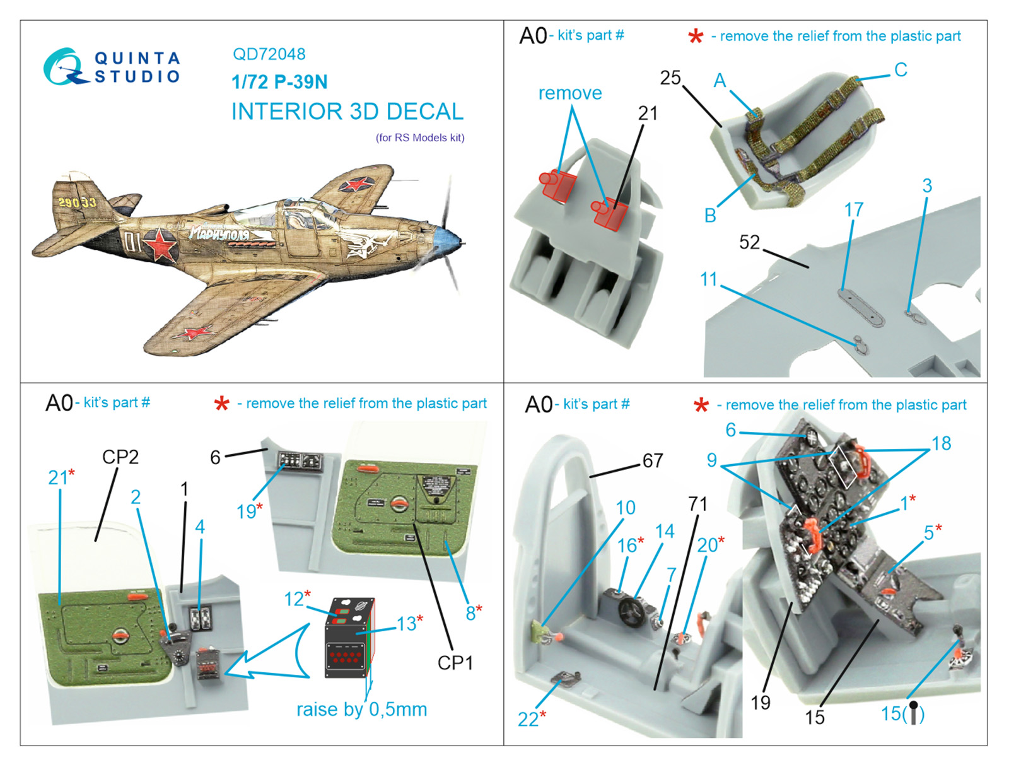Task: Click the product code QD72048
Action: (x=269, y=54)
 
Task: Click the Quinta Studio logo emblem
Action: (x=63, y=67)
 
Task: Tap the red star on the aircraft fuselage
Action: (x=160, y=244)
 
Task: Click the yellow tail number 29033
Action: (x=77, y=202)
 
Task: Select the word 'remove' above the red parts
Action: (x=569, y=93)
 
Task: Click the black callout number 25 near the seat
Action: (x=670, y=78)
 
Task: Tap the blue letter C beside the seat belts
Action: (x=901, y=69)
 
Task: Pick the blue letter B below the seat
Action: (x=710, y=216)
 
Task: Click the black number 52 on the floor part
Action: (x=749, y=242)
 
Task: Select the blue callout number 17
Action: (x=853, y=209)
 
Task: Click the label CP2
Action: (x=120, y=457)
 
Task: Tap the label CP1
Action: (x=455, y=663)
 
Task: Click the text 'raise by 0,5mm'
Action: (x=361, y=710)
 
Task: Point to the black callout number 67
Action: (x=653, y=460)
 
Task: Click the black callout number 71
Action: (x=697, y=504)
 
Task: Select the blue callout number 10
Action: (x=625, y=508)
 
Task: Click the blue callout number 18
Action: (x=941, y=443)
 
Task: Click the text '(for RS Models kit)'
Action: (x=420, y=137)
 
